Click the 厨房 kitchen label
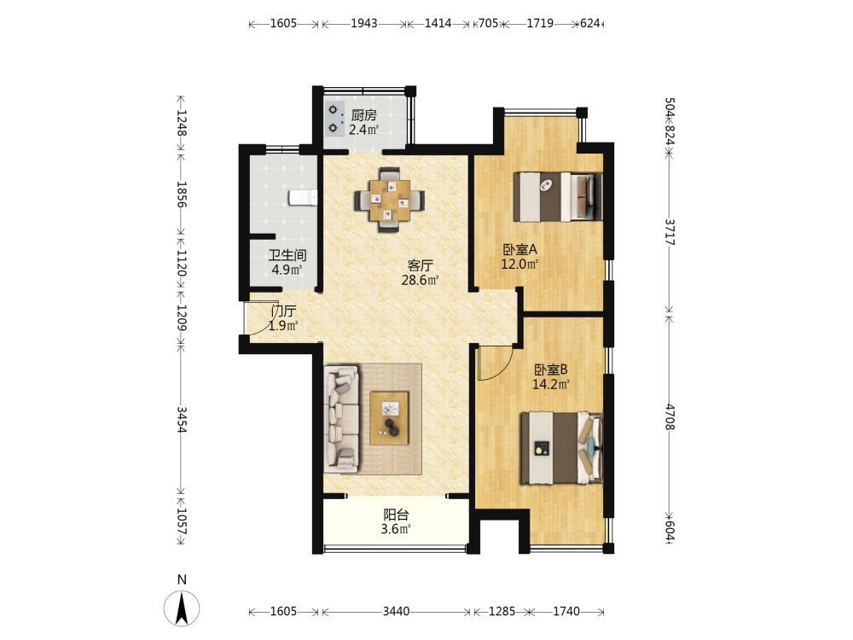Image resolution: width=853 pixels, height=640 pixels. tap(364, 115)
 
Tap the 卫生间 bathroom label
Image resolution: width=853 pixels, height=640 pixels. tap(287, 254)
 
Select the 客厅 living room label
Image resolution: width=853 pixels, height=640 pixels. tap(420, 265)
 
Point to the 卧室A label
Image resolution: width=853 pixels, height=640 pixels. tap(519, 249)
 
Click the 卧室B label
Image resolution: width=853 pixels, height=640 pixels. tap(550, 369)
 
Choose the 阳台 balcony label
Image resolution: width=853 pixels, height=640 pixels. tap(396, 515)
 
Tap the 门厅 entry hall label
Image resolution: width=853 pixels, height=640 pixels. tap(283, 311)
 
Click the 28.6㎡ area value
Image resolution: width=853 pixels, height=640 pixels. tap(420, 280)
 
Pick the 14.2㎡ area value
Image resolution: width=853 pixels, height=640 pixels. tap(550, 384)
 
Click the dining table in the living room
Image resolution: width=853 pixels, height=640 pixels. tap(390, 201)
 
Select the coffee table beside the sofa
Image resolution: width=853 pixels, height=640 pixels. tap(390, 418)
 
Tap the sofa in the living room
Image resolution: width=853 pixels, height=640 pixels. tap(341, 419)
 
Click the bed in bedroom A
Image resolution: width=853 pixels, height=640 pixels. tap(558, 196)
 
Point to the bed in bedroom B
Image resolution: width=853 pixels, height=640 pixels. tap(561, 448)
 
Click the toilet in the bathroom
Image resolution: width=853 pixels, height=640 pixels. tap(303, 197)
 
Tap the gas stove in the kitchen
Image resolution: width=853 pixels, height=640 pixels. tap(334, 119)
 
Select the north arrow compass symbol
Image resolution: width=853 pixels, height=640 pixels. tap(182, 608)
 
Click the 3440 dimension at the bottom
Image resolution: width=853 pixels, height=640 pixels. tap(396, 611)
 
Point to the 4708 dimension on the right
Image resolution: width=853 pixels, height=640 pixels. tap(670, 417)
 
